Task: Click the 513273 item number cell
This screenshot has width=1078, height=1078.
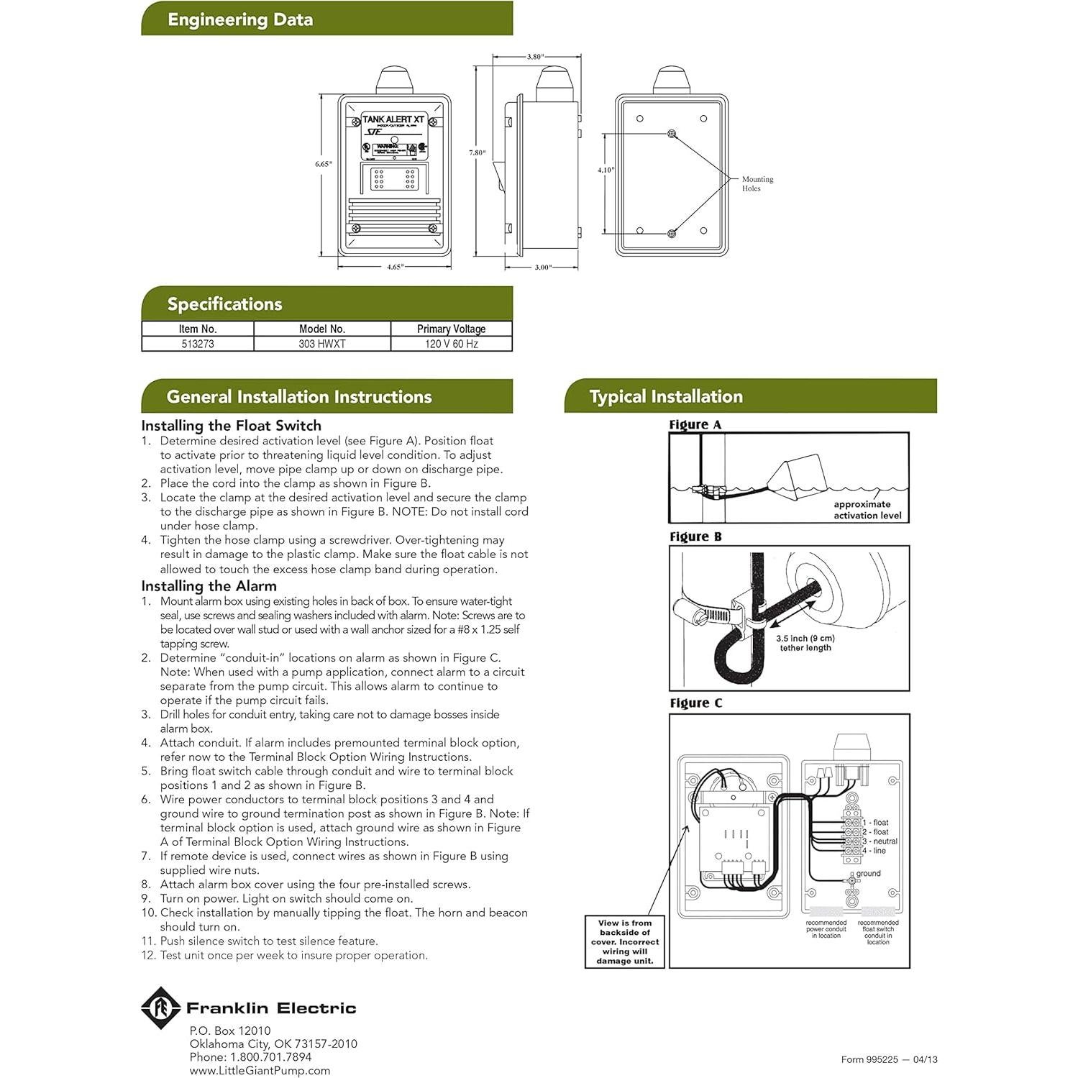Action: pyautogui.click(x=198, y=344)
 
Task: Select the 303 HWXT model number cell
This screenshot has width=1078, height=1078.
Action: pyautogui.click(x=322, y=344)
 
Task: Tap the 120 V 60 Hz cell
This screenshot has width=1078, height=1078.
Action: pyautogui.click(x=451, y=344)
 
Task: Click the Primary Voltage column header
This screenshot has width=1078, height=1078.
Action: pyautogui.click(x=451, y=329)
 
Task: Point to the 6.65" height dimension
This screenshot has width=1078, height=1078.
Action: pyautogui.click(x=324, y=164)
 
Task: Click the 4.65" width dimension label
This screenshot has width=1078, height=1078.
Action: pyautogui.click(x=395, y=267)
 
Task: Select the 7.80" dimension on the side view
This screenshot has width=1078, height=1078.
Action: pyautogui.click(x=478, y=152)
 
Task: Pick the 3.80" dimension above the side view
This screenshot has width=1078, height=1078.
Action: pyautogui.click(x=535, y=56)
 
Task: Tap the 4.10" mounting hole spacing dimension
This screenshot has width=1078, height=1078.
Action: pyautogui.click(x=606, y=170)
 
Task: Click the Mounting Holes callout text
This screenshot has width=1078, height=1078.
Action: pyautogui.click(x=757, y=184)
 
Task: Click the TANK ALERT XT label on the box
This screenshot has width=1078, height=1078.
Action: pyautogui.click(x=393, y=119)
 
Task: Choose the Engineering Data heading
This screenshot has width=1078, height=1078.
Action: pyautogui.click(x=240, y=19)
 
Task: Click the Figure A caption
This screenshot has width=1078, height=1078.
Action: pyautogui.click(x=695, y=425)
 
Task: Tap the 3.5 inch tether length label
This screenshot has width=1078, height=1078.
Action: pyautogui.click(x=805, y=643)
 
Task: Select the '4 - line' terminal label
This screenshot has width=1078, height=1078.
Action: pyautogui.click(x=874, y=851)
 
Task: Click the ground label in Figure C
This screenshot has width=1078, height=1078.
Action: pyautogui.click(x=868, y=874)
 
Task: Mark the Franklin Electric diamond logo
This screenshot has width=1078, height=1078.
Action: pyautogui.click(x=160, y=1008)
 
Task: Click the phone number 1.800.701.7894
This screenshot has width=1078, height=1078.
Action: pyautogui.click(x=270, y=1057)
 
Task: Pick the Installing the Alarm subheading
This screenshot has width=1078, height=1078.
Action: pyautogui.click(x=209, y=586)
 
